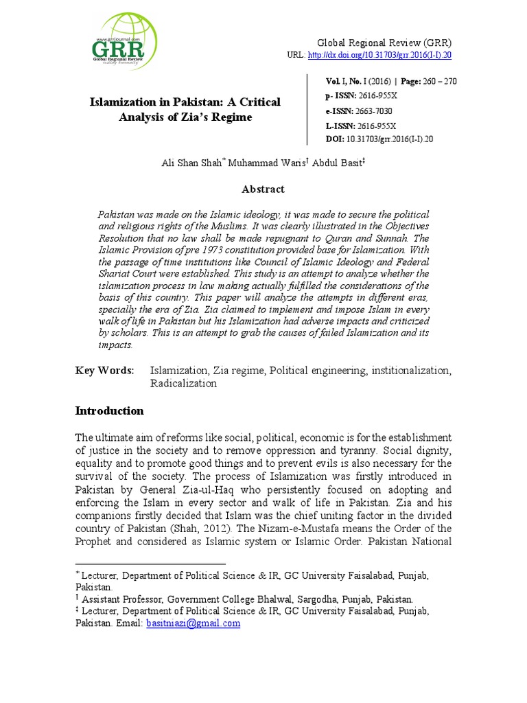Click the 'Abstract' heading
[263, 189]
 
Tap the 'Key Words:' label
[104, 371]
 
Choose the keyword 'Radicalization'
[183, 384]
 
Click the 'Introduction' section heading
[109, 411]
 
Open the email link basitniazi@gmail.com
[193, 623]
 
